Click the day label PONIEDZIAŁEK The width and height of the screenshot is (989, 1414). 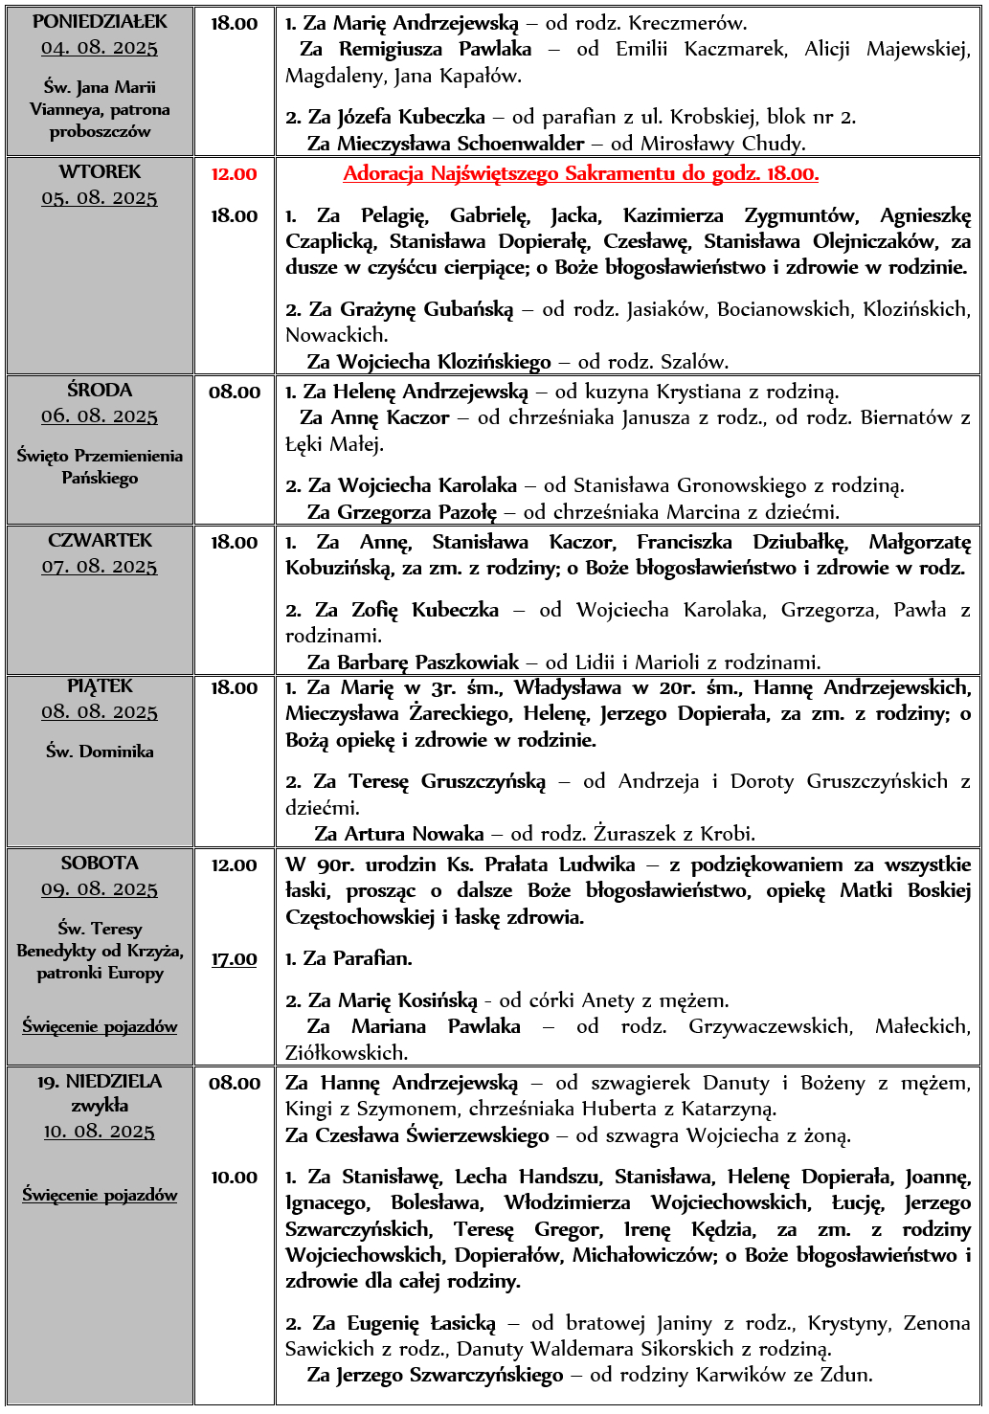[x=100, y=21]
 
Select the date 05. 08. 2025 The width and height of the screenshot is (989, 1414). [x=100, y=198]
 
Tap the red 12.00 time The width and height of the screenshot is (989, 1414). [x=235, y=174]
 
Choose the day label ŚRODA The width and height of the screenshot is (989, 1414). [x=100, y=391]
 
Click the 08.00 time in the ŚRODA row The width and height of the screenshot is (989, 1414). [x=235, y=392]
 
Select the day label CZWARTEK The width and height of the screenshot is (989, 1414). [x=100, y=541]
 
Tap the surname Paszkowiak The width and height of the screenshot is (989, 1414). [x=467, y=662]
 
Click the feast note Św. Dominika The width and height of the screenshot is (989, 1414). [x=100, y=752]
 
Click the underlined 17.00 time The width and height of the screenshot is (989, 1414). [x=235, y=959]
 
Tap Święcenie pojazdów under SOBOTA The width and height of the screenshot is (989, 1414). [x=100, y=1026]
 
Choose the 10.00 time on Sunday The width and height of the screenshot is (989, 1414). [x=235, y=1178]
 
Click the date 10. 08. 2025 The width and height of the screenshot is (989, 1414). [x=100, y=1132]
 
